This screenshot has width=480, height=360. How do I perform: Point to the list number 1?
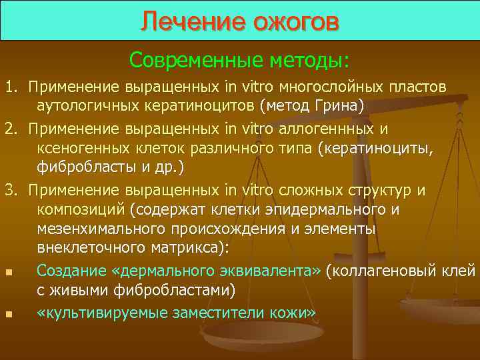click(10, 87)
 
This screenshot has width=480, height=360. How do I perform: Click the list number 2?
click(10, 128)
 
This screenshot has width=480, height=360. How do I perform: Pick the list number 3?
click(10, 190)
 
